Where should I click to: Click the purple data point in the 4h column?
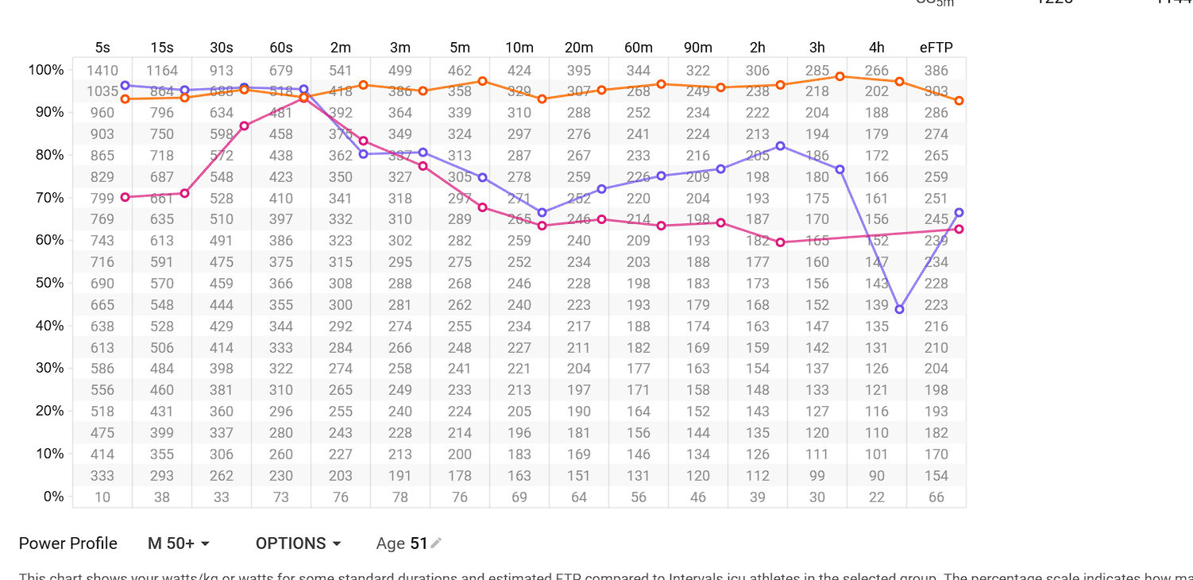pos(899,309)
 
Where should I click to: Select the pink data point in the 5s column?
pos(125,197)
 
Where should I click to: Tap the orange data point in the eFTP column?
pos(959,101)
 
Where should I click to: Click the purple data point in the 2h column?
pos(780,146)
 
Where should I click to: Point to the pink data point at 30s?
pos(244,126)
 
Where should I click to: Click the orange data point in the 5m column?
pos(482,81)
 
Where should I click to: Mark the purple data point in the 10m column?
pos(542,212)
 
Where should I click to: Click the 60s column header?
pos(281,48)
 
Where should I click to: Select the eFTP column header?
pos(936,48)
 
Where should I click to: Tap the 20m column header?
pos(579,48)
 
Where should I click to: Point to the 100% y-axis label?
pos(45,70)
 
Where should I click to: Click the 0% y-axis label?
pos(52,497)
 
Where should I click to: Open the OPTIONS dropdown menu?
pos(298,543)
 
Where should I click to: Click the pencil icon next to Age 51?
pos(436,543)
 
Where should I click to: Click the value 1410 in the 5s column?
pos(102,71)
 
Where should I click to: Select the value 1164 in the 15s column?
pos(162,71)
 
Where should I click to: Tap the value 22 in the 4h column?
pos(877,497)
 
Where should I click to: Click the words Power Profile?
pos(68,543)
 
